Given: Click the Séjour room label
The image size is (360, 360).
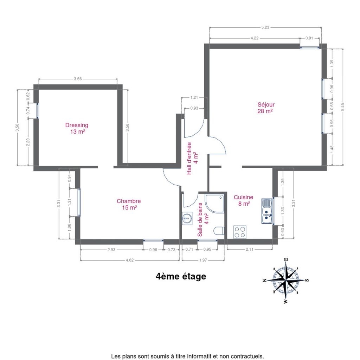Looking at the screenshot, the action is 266,108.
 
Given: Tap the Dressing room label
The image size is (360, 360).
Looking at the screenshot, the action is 77,128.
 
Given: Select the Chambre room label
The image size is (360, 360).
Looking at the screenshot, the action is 129,204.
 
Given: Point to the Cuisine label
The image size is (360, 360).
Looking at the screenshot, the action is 243,200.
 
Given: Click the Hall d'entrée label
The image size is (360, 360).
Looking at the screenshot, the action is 192,159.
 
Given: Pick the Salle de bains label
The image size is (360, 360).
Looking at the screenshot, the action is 203,219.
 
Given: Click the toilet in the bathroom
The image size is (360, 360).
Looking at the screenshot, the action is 219,231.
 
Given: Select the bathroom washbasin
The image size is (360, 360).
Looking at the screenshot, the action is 187,218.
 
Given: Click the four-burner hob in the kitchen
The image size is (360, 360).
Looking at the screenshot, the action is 240,232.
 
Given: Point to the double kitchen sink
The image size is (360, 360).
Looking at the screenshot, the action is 267,211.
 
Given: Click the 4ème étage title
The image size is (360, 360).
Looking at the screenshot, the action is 181,276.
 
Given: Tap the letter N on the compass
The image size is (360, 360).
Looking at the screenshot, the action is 264,280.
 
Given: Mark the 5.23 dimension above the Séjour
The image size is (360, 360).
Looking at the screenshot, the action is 265,27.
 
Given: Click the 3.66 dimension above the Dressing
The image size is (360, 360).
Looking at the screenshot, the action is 78,79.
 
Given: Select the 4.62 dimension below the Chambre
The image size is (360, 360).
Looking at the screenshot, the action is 130,260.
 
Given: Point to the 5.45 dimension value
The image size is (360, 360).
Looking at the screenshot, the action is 343,107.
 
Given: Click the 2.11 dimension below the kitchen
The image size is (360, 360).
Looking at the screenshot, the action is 250,249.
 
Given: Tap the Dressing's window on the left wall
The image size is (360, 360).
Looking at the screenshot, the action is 38,111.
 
